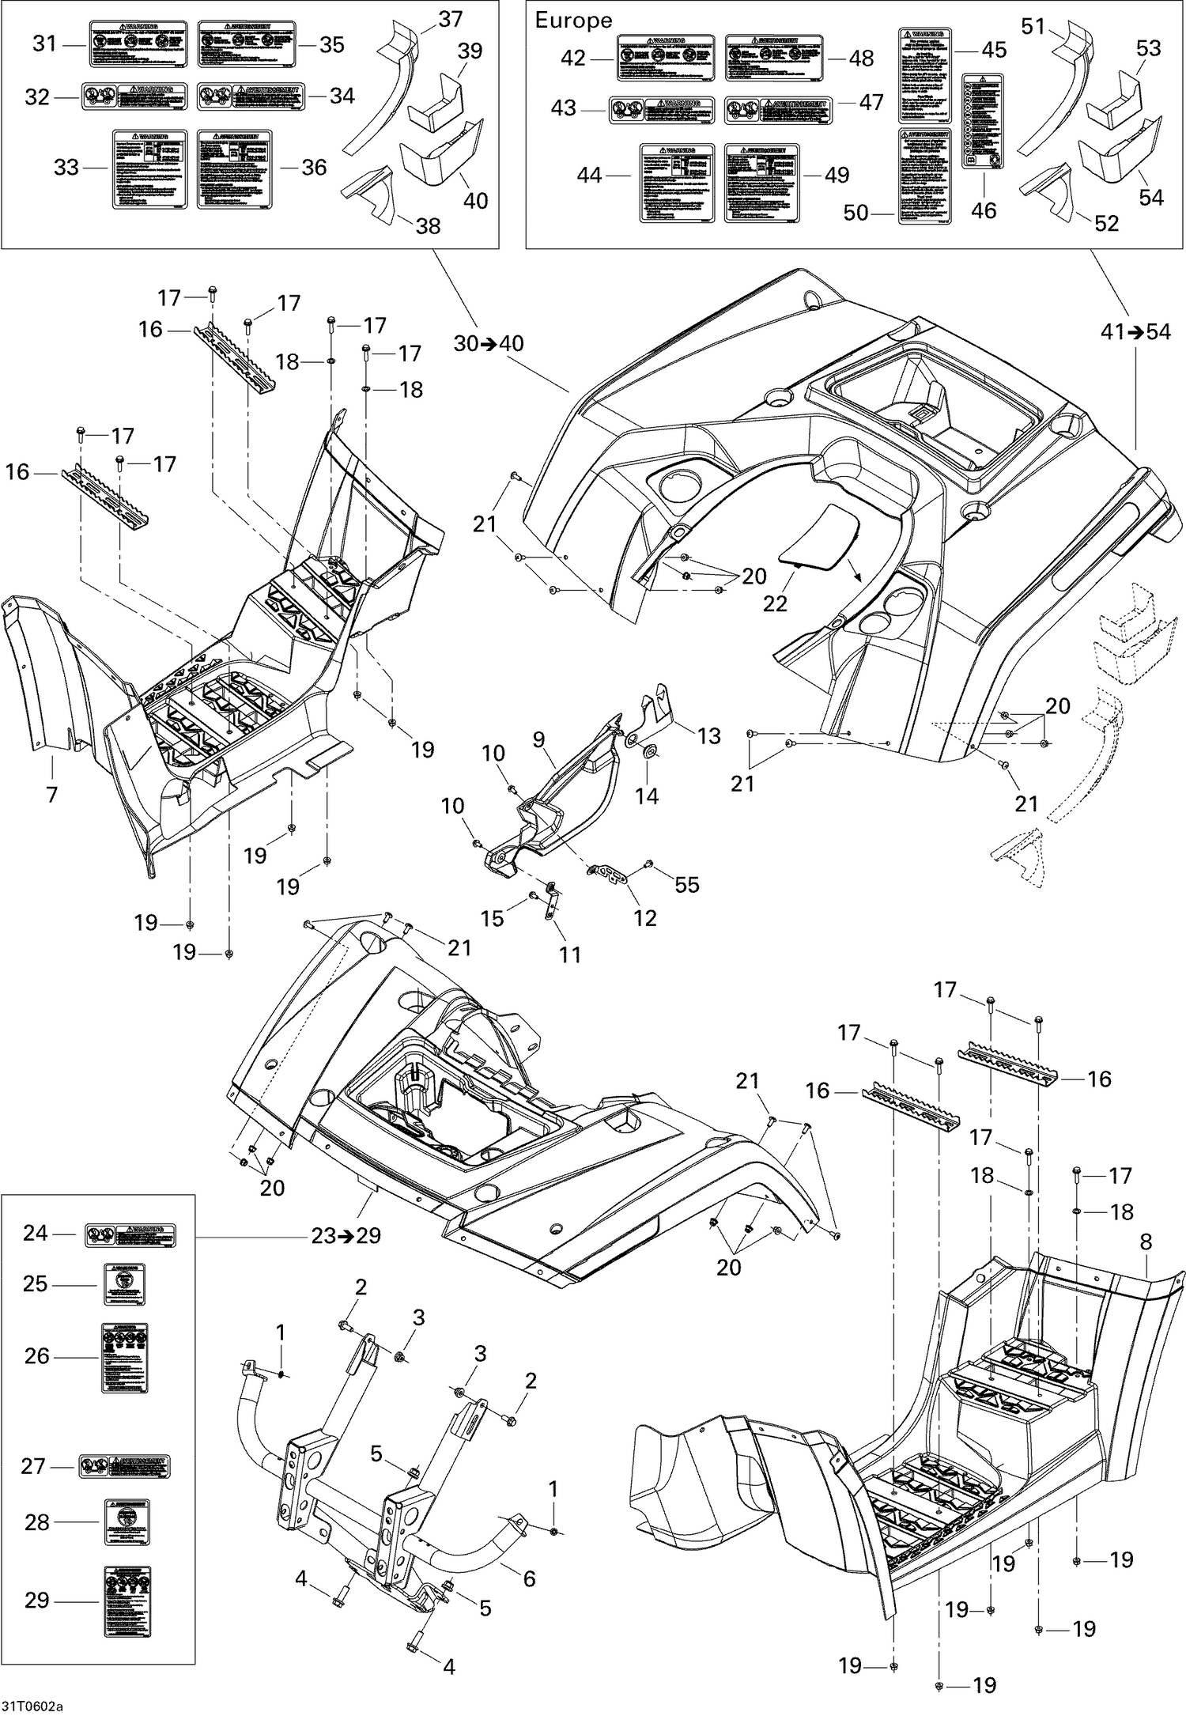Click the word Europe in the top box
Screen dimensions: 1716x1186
[x=573, y=21]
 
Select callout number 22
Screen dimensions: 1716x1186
[x=775, y=603]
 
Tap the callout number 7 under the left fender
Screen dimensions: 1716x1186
[x=52, y=794]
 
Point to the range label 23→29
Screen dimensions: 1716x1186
[x=346, y=1235]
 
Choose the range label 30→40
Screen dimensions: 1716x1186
[x=488, y=344]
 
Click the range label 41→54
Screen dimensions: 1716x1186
[x=1135, y=332]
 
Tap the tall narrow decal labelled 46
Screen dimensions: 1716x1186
[x=983, y=121]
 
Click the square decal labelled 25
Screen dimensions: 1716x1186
[x=125, y=1284]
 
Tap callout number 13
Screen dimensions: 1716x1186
[x=708, y=735]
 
